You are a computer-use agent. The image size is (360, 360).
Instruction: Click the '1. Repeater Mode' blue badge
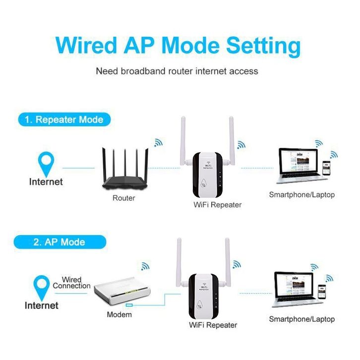[64, 120]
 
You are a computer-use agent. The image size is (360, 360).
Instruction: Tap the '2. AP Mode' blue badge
[60, 242]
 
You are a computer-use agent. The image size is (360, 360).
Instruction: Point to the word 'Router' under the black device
[124, 198]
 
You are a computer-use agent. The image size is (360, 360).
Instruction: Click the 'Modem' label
[120, 314]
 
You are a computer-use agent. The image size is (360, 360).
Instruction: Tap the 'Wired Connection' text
[71, 283]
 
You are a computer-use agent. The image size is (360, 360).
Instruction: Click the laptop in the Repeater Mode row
[300, 166]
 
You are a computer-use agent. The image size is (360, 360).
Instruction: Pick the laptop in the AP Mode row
[295, 289]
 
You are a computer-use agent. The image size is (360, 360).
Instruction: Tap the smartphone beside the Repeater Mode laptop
[326, 168]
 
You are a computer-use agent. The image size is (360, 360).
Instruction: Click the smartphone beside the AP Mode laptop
[322, 292]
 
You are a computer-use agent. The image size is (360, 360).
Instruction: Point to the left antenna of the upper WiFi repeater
[183, 140]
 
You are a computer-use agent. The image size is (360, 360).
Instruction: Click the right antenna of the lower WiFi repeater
[227, 262]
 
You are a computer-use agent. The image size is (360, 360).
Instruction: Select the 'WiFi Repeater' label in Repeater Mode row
[217, 205]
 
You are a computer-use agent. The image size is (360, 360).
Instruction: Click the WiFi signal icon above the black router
[158, 143]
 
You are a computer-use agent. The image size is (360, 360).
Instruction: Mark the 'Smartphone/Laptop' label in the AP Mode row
[301, 319]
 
